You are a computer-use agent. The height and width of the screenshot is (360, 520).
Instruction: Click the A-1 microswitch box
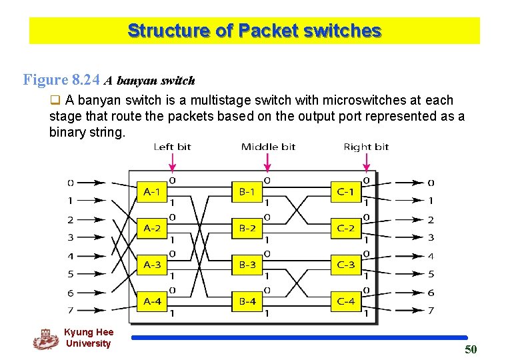coord(152,192)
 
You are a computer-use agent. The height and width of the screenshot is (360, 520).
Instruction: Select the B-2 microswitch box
coord(247,228)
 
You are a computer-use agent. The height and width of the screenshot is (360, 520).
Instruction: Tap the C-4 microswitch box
coord(345,301)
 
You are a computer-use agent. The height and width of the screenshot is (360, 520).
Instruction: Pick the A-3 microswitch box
coord(152,265)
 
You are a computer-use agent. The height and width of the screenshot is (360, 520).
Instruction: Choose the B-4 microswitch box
coord(247,301)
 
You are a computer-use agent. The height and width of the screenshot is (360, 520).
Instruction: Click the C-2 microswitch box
coord(345,228)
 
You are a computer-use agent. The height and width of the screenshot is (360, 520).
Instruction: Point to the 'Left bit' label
coord(172,147)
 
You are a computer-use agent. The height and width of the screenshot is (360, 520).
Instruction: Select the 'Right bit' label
coord(365,147)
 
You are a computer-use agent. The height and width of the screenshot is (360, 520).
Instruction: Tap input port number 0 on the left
coord(71,182)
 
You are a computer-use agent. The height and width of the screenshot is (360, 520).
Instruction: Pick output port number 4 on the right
coord(431,256)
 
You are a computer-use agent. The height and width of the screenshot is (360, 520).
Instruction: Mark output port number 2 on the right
coord(431,219)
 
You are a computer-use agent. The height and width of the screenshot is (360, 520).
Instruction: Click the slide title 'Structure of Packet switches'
coord(254,31)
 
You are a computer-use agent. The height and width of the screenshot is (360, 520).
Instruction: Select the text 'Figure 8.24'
coord(61,81)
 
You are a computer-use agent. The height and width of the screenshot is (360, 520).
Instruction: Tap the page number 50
coord(471,350)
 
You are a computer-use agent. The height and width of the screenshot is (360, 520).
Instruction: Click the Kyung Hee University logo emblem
coord(45,339)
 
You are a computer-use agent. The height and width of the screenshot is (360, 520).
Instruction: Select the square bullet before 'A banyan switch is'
coord(56,101)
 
